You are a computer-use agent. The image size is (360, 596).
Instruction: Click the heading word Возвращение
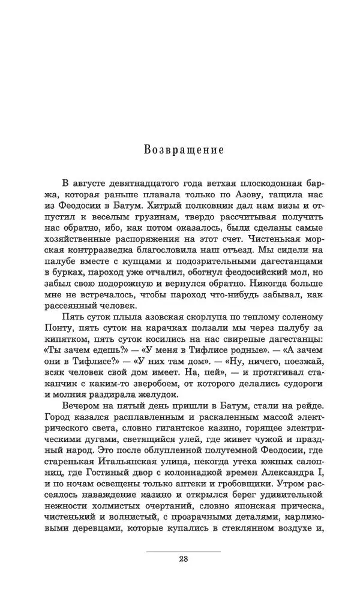click(x=184, y=149)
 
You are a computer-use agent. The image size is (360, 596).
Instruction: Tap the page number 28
click(x=184, y=560)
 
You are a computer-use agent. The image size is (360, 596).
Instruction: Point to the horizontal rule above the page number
click(x=184, y=550)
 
